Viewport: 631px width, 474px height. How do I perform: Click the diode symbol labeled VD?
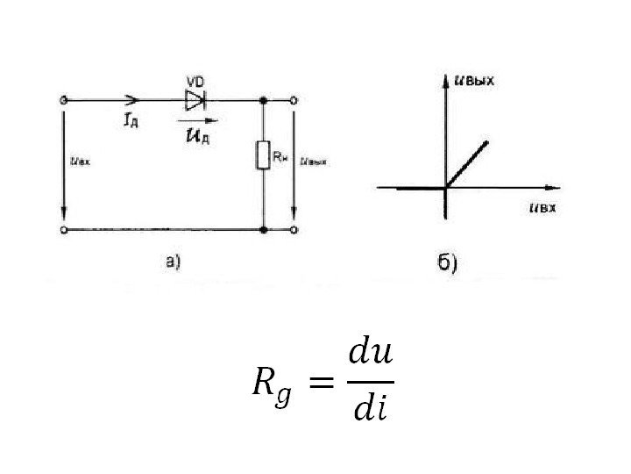(195, 99)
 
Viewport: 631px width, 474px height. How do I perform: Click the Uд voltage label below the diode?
(196, 134)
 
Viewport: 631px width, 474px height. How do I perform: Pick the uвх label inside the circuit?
(80, 162)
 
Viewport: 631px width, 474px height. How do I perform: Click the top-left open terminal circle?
(62, 100)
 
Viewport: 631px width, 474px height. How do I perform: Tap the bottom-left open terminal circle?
(62, 230)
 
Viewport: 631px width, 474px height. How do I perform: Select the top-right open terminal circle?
(295, 100)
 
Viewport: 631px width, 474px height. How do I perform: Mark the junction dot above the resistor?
(264, 100)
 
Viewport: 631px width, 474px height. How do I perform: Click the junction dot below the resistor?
(264, 230)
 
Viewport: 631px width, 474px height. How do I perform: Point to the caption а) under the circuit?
(172, 260)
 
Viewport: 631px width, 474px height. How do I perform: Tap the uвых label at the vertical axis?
(475, 82)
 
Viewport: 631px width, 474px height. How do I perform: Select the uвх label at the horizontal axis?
(543, 208)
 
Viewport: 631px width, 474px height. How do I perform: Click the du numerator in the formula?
(371, 354)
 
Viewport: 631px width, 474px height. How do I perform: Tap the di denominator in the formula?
(369, 408)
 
